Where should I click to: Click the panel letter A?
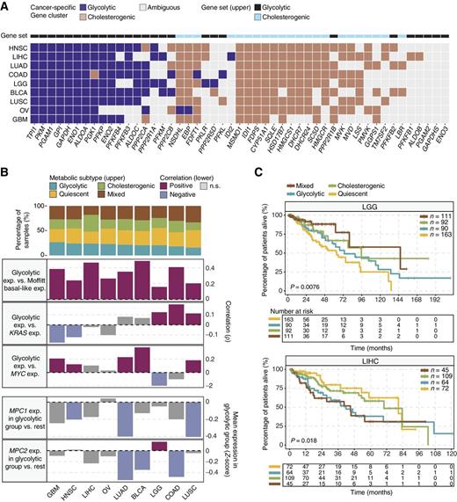7,7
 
